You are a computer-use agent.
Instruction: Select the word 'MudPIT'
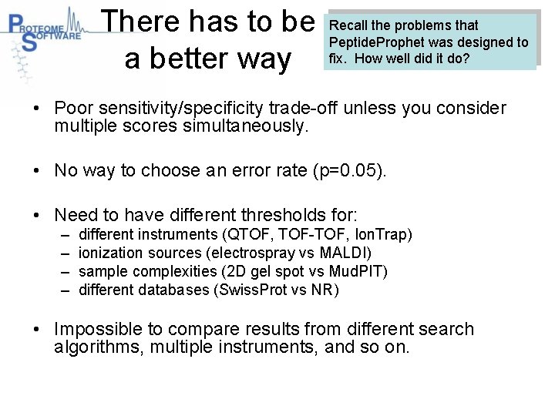pyautogui.click(x=355, y=271)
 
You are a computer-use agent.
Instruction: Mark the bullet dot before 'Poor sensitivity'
pyautogui.click(x=37, y=109)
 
